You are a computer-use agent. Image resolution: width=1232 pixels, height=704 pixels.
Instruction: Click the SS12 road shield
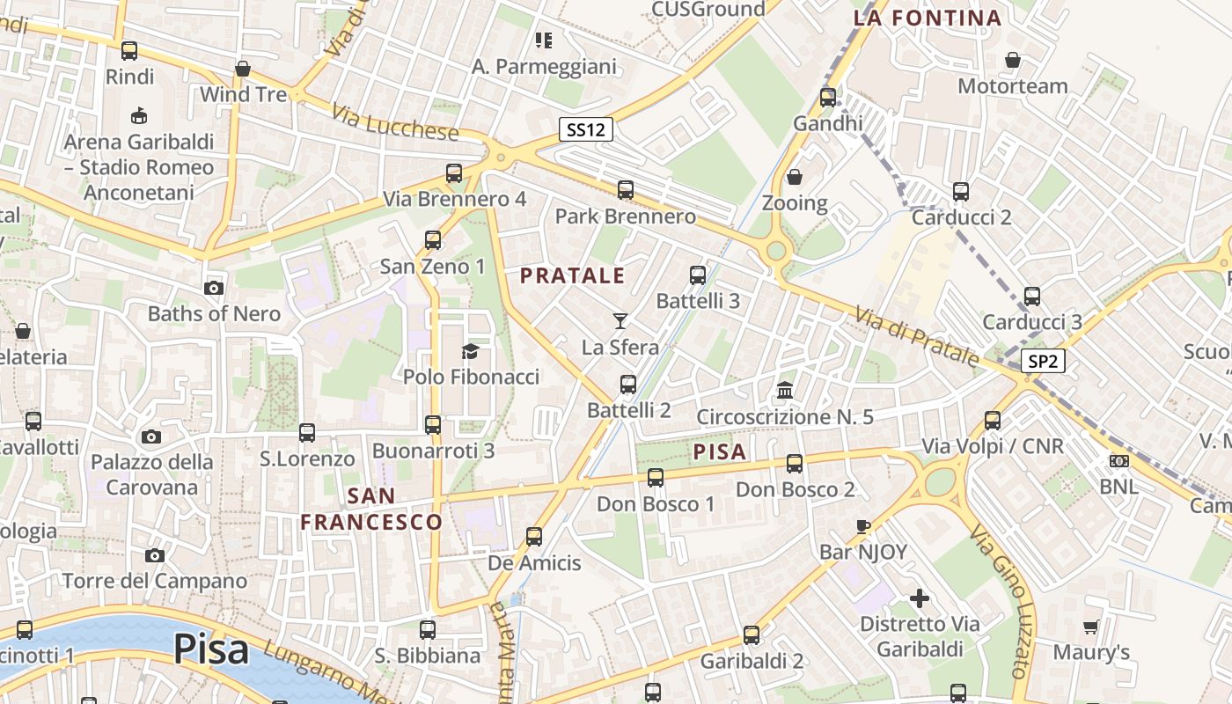tap(586, 130)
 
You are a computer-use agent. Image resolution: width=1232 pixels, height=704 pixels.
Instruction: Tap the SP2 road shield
tap(1044, 361)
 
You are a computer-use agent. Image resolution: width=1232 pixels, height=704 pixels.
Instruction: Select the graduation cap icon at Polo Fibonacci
tap(470, 351)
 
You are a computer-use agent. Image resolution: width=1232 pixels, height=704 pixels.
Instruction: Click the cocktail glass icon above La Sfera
tap(620, 321)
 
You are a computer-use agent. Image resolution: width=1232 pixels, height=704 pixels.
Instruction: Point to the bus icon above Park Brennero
tap(626, 189)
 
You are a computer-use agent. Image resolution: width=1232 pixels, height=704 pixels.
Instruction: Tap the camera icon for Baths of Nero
tap(213, 288)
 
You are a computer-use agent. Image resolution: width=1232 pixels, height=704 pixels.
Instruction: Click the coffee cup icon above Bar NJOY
tap(863, 526)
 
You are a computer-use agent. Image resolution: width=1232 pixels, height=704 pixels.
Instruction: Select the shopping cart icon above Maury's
tap(1091, 627)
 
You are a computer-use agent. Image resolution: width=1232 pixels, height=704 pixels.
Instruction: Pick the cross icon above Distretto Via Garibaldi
tap(920, 599)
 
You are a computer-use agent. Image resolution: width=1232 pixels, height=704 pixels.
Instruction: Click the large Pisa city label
tap(211, 649)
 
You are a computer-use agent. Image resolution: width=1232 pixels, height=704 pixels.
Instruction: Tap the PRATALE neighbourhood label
tap(572, 275)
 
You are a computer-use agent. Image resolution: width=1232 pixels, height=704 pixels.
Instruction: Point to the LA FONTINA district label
tap(928, 18)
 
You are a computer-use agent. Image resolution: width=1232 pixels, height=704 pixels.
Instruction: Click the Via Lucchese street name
tap(395, 122)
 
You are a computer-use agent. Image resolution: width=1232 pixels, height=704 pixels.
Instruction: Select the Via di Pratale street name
tap(915, 336)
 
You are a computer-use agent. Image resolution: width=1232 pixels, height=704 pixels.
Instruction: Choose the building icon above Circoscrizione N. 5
tap(785, 390)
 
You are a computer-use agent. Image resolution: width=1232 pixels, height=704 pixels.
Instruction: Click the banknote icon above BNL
tap(1119, 460)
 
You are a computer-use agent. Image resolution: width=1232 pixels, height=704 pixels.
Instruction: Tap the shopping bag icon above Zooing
tap(795, 177)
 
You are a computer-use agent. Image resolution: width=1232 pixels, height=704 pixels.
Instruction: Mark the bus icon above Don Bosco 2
tap(795, 463)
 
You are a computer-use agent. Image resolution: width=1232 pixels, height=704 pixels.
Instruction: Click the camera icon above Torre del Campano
tap(155, 555)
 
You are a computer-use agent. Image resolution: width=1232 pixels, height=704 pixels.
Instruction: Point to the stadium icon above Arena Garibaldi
tap(138, 115)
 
